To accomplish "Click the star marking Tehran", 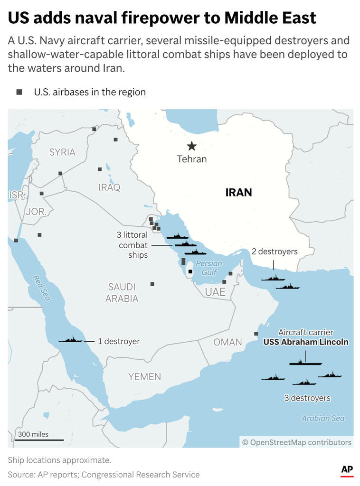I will tap(191, 146).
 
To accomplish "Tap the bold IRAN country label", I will tap(238, 192).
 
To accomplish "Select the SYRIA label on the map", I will tap(62, 152).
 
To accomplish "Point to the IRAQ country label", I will tap(109, 187).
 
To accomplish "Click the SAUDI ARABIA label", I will tap(122, 292).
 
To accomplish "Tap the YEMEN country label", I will tap(144, 376).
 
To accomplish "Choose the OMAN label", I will tap(227, 342).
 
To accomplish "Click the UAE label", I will tap(215, 292).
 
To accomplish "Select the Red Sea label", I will tap(41, 288).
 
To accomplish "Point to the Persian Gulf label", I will tap(209, 268).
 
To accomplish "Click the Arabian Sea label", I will tap(323, 418).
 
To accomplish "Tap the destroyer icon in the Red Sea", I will tap(70, 340).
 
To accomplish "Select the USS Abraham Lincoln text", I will tap(306, 342).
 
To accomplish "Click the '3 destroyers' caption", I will tap(307, 398).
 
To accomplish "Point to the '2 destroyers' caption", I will tap(275, 252).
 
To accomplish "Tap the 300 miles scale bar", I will tap(38, 439).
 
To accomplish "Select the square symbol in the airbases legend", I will tap(19, 92).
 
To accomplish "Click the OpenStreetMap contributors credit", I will tap(297, 442).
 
